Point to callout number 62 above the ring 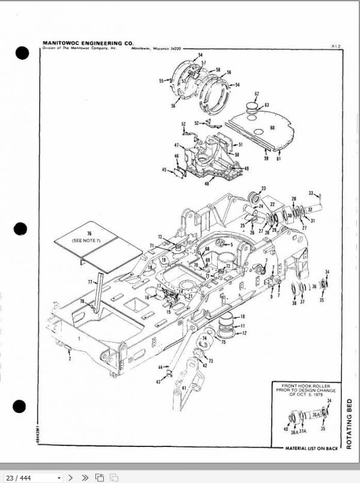click(x=256, y=94)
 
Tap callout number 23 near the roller click(x=263, y=188)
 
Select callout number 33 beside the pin click(x=311, y=193)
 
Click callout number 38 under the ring click(x=294, y=304)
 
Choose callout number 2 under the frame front click(x=69, y=358)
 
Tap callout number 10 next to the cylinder click(x=242, y=316)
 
